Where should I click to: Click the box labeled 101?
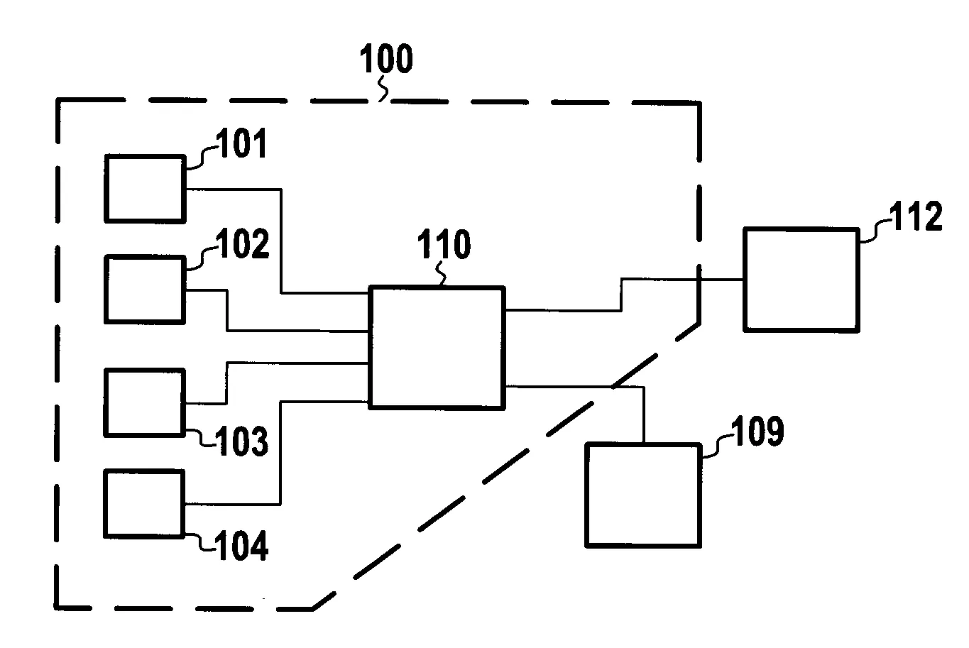[x=145, y=189]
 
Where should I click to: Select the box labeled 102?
[x=145, y=289]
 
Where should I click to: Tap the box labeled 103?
[x=144, y=402]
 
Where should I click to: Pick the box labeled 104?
[x=144, y=503]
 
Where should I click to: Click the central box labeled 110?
[x=437, y=347]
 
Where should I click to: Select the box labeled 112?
[x=800, y=280]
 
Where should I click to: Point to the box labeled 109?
[x=642, y=495]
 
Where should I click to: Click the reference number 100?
[x=386, y=60]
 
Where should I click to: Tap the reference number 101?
[x=242, y=144]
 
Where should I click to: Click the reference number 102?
[x=242, y=245]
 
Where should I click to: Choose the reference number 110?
[x=444, y=245]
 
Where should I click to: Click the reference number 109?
[x=757, y=432]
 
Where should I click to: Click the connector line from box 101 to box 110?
[x=282, y=241]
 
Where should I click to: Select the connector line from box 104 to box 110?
[x=281, y=454]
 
